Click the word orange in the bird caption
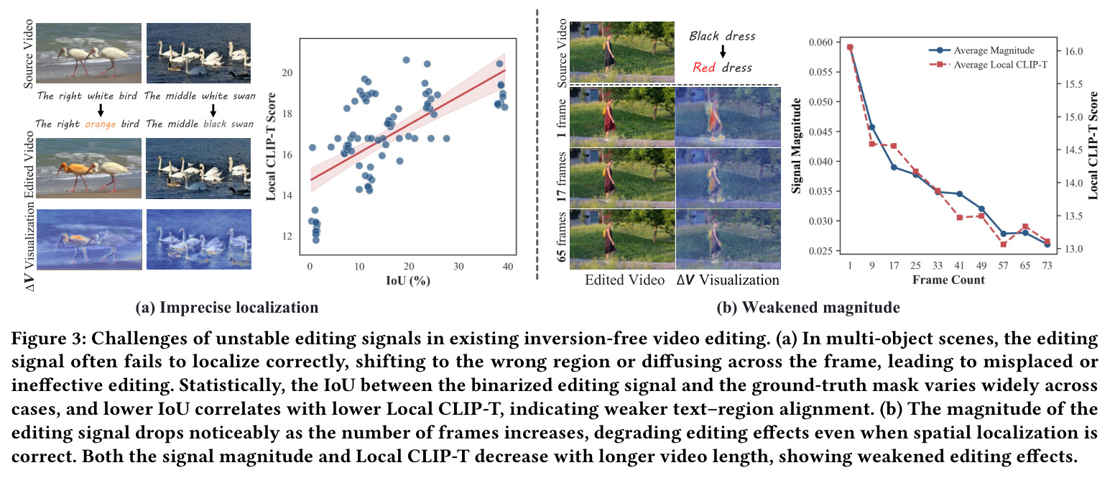pos(100,124)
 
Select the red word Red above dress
pos(704,68)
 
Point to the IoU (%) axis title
pos(407,281)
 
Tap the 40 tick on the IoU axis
pos(508,267)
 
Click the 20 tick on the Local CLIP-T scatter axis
pos(287,73)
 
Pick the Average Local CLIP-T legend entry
pos(988,65)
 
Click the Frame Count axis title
pos(948,280)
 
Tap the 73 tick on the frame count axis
pos(1047,265)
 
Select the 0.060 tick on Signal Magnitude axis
pos(820,42)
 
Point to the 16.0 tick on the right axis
pos(1073,51)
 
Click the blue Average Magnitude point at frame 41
pos(959,193)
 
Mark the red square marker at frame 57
pos(1003,244)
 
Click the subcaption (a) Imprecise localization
pos(227,308)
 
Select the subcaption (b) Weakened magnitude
pos(808,308)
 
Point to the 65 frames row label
pos(562,237)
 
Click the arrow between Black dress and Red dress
pos(723,51)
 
